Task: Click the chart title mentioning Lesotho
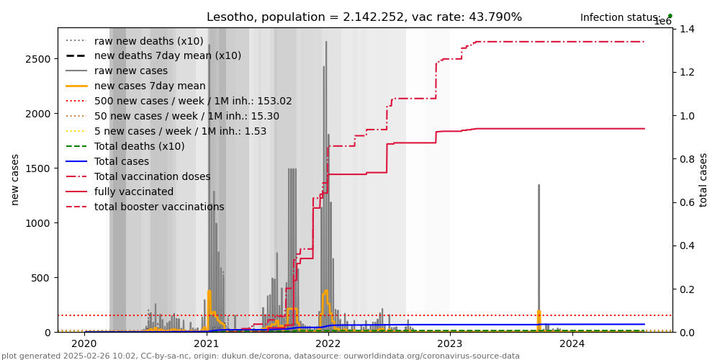(364, 17)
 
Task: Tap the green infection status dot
(670, 16)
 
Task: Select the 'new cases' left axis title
(15, 179)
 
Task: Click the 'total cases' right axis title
(703, 179)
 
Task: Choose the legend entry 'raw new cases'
(130, 71)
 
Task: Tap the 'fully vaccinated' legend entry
(134, 192)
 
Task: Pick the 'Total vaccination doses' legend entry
(152, 176)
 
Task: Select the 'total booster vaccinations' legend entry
(159, 207)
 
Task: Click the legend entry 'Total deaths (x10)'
(139, 146)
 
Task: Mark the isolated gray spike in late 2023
(539, 252)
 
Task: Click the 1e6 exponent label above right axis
(662, 22)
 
